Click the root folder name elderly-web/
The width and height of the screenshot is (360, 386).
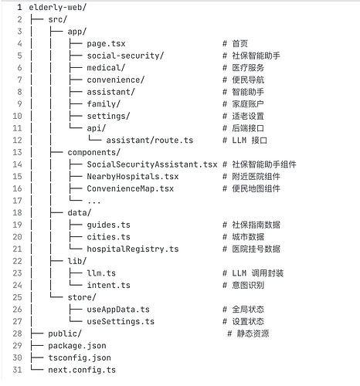(58, 8)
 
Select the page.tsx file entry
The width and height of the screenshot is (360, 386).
(106, 44)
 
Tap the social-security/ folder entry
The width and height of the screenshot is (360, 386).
(125, 56)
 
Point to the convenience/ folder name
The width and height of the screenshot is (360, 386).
(116, 80)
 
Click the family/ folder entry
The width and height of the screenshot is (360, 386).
(104, 104)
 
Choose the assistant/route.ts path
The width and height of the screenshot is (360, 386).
(150, 141)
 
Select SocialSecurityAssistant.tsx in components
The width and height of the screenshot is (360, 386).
(152, 164)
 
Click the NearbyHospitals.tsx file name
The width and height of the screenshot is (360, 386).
(133, 177)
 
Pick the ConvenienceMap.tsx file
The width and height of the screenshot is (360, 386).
(131, 188)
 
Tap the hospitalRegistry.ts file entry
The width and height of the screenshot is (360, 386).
(133, 249)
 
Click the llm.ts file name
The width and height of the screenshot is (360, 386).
(101, 273)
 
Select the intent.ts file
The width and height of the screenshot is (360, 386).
(108, 285)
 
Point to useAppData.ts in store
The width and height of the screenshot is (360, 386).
(118, 310)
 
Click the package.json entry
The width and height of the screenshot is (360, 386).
(77, 346)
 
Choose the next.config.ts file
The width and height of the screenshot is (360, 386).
(82, 370)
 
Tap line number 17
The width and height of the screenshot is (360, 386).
(17, 201)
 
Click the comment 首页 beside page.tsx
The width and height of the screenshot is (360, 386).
(239, 44)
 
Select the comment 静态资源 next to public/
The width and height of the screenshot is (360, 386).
(253, 334)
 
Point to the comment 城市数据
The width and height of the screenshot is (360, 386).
(248, 237)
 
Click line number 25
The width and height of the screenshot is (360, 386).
(17, 297)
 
